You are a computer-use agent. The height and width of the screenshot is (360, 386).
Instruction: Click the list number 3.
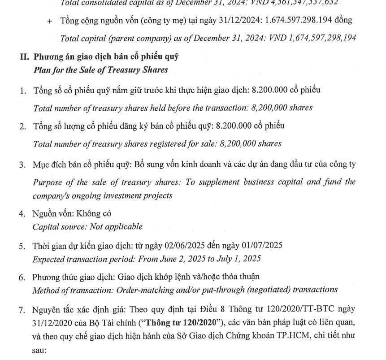click(22, 165)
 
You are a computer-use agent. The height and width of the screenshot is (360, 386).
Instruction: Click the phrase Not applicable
click(116, 226)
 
